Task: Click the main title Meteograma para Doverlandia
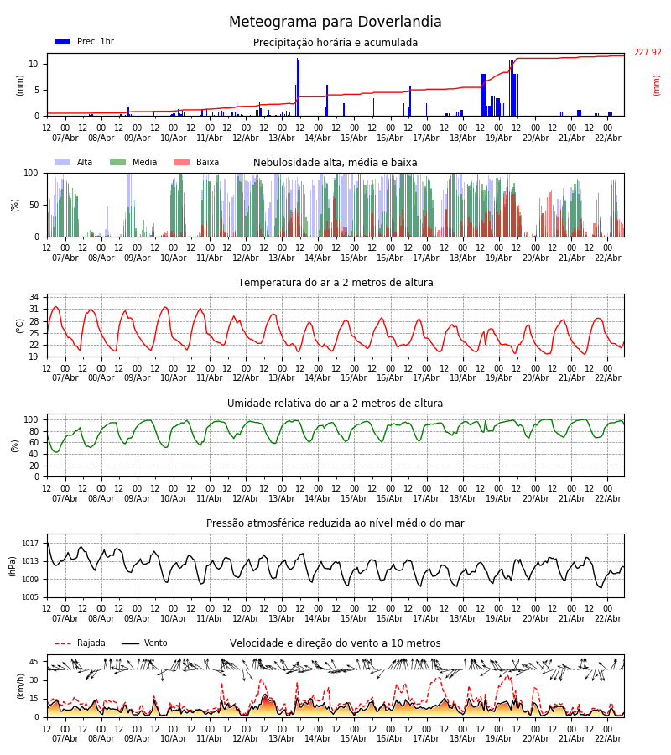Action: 335,23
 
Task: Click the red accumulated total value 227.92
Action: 647,53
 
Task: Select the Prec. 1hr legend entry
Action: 85,42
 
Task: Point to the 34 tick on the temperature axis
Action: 34,297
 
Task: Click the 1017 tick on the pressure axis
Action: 29,544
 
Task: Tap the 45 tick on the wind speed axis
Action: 34,661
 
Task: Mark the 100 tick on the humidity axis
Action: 32,419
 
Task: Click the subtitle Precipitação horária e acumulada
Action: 335,43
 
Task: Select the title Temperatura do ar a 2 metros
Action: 335,283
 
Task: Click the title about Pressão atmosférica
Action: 335,523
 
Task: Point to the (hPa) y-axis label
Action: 13,565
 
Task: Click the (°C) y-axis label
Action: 20,325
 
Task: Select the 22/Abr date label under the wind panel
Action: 607,738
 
